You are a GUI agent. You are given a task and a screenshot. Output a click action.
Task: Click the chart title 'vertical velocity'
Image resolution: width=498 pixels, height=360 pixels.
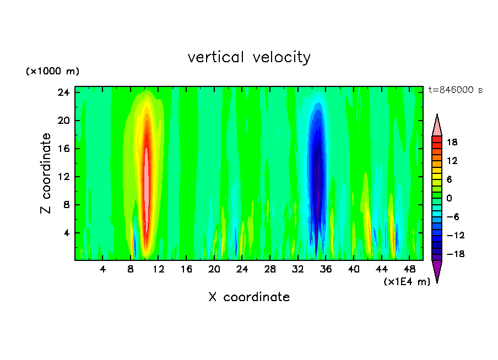(x=249, y=57)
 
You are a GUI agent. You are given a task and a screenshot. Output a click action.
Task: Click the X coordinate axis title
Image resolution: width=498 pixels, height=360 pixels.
(x=249, y=297)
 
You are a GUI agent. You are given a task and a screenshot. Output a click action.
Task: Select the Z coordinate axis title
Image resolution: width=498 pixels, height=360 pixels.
(x=47, y=173)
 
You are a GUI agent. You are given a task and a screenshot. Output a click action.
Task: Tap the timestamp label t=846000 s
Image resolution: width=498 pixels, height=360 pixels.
(x=455, y=90)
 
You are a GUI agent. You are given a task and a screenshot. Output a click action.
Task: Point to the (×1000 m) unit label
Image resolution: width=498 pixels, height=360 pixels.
(x=52, y=72)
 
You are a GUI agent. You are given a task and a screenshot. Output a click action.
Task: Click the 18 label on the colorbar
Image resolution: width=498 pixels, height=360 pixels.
(x=452, y=142)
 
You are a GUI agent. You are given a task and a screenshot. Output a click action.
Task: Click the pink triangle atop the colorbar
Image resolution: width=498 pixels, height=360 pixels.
(x=437, y=126)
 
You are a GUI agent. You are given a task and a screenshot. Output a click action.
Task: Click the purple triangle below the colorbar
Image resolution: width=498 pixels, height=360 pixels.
(x=437, y=270)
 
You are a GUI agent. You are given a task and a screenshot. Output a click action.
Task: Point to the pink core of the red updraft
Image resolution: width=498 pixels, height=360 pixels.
(x=146, y=176)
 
